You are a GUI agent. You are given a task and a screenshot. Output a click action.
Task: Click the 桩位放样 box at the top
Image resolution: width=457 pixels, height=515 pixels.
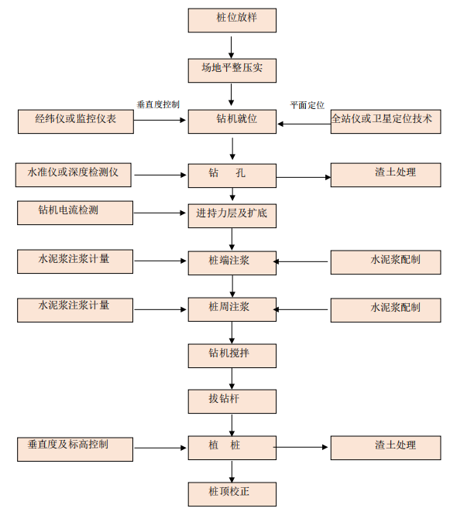(x=232, y=20)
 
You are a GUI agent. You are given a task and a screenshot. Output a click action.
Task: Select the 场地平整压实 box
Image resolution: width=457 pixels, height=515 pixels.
(x=232, y=70)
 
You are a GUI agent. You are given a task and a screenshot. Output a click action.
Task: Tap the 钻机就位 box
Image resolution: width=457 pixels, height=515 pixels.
(x=232, y=121)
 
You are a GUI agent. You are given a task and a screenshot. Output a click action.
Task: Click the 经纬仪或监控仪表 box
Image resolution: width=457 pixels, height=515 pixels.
(x=76, y=121)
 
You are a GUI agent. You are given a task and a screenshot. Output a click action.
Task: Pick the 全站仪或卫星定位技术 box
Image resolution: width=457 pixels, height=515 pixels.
(x=386, y=121)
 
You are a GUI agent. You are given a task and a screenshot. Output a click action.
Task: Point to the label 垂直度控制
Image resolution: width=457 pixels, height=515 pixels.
(x=158, y=104)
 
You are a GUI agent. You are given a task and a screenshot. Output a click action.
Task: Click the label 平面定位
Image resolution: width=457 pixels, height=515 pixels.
(x=307, y=105)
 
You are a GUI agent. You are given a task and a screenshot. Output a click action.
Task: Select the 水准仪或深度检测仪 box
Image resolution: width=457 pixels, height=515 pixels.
(x=74, y=175)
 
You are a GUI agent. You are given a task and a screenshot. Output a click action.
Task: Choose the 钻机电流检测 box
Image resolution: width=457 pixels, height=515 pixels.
(x=75, y=213)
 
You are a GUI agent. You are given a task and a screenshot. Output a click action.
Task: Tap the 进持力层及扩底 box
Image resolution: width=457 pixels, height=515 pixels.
(x=232, y=216)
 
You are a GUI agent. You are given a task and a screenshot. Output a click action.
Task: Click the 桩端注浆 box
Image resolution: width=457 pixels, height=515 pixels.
(x=232, y=263)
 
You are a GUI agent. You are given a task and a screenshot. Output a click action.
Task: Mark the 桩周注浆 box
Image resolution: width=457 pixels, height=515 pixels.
(x=232, y=309)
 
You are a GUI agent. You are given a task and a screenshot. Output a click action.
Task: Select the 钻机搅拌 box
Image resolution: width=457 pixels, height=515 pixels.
(x=232, y=356)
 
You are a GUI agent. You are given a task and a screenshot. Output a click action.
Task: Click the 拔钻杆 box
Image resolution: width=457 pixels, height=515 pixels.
(x=232, y=401)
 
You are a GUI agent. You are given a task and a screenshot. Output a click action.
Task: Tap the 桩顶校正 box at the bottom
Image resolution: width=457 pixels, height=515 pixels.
(x=232, y=494)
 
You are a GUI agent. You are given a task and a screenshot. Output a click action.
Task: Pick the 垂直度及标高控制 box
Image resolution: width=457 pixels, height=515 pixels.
(x=75, y=449)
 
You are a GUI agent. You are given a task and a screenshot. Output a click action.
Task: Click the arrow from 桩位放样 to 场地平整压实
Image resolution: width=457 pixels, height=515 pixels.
(x=232, y=48)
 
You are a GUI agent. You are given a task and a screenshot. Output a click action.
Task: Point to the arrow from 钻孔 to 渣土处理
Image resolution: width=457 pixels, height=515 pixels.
(x=304, y=177)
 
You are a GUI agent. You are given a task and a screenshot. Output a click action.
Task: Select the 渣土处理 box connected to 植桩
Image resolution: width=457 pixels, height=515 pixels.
(x=386, y=448)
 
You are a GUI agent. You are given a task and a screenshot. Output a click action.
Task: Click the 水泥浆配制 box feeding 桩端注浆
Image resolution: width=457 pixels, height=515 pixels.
(x=386, y=262)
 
